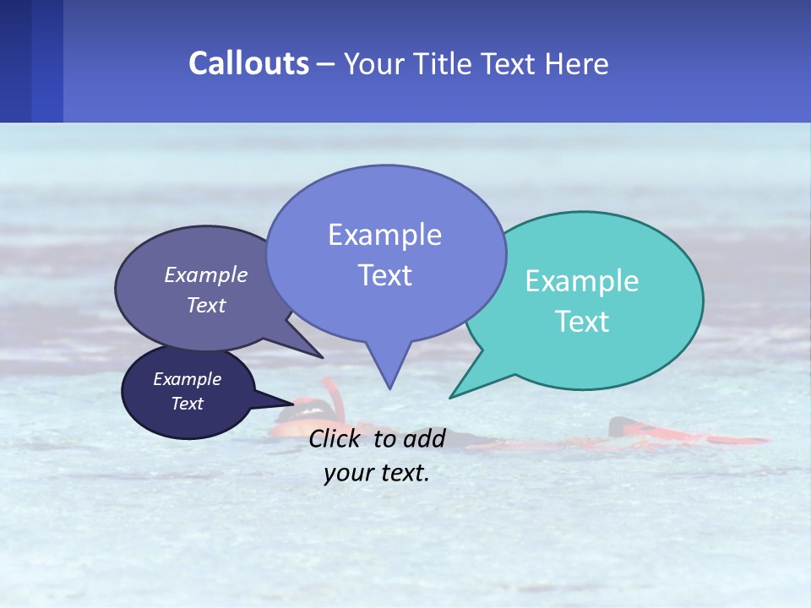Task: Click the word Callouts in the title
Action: [x=248, y=63]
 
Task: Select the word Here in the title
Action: [x=574, y=63]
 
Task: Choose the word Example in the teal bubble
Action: [x=582, y=281]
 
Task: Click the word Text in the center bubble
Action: [x=385, y=275]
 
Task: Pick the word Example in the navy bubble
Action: [x=188, y=379]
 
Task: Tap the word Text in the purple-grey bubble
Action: [x=206, y=305]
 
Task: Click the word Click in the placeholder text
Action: [x=336, y=438]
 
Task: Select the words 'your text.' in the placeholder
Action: [x=377, y=473]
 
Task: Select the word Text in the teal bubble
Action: [x=582, y=322]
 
